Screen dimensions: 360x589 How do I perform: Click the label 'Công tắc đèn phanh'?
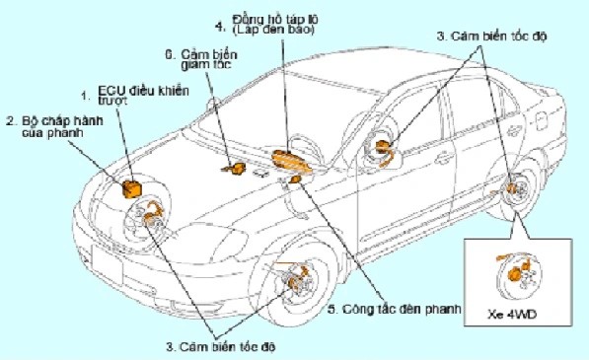click(396, 310)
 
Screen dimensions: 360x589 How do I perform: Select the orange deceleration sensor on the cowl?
click(236, 171)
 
